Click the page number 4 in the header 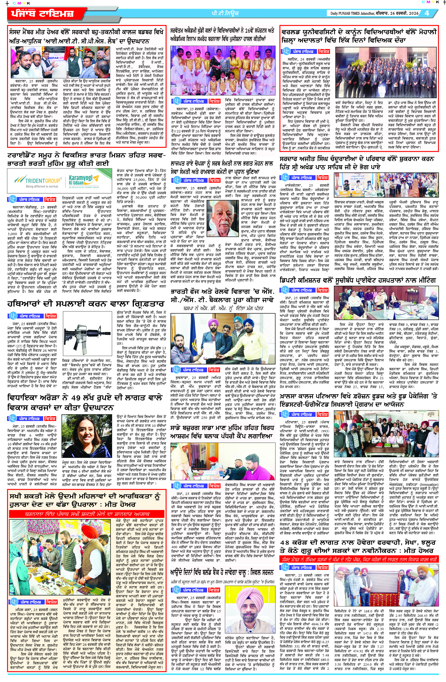point(427,13)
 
